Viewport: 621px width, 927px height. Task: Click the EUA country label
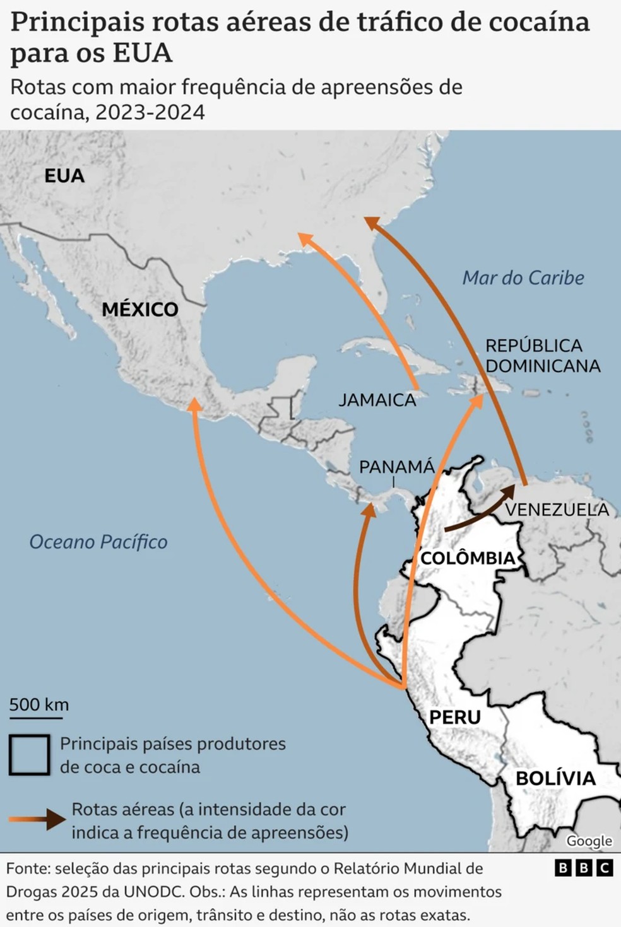pos(64,175)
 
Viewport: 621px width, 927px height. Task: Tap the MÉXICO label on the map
pos(140,309)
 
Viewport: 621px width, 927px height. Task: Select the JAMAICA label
pos(377,400)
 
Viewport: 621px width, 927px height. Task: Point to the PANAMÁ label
pos(396,467)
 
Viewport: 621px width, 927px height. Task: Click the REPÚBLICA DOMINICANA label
pos(542,356)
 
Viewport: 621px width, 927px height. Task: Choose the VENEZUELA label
pos(557,510)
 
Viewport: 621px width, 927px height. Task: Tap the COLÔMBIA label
pos(468,558)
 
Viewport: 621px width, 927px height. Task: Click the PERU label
pos(454,717)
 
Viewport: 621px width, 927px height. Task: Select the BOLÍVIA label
pos(555,778)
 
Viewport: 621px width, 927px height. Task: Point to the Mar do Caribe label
pos(523,277)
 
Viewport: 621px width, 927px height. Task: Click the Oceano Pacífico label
pos(98,542)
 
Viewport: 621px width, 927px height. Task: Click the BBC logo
pos(584,868)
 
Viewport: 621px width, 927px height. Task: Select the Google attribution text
pos(589,841)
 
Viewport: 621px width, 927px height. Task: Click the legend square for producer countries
pos(30,755)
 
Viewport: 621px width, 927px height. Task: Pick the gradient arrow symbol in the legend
pos(38,819)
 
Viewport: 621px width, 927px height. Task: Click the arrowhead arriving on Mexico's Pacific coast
pos(195,404)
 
